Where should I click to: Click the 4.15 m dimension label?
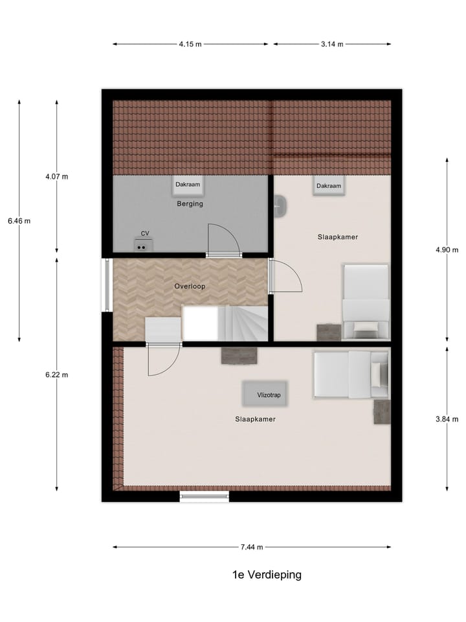coord(190,44)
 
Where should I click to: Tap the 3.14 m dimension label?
coord(332,44)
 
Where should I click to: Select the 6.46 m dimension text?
coord(19,221)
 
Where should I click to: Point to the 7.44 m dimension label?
coord(252,547)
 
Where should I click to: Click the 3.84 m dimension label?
coord(447,419)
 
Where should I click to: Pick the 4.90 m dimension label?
coord(447,250)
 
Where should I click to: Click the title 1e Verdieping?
coord(267,575)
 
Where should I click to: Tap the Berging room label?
coord(190,203)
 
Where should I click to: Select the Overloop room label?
coord(190,286)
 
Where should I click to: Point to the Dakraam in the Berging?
coord(188,185)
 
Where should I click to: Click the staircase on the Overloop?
coord(243,323)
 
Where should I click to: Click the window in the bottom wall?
coord(205,497)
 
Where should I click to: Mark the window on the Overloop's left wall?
coord(106,286)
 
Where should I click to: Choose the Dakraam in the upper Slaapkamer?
coord(329,186)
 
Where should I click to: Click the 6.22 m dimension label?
coord(56,374)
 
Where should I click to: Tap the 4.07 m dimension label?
coord(56,176)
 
